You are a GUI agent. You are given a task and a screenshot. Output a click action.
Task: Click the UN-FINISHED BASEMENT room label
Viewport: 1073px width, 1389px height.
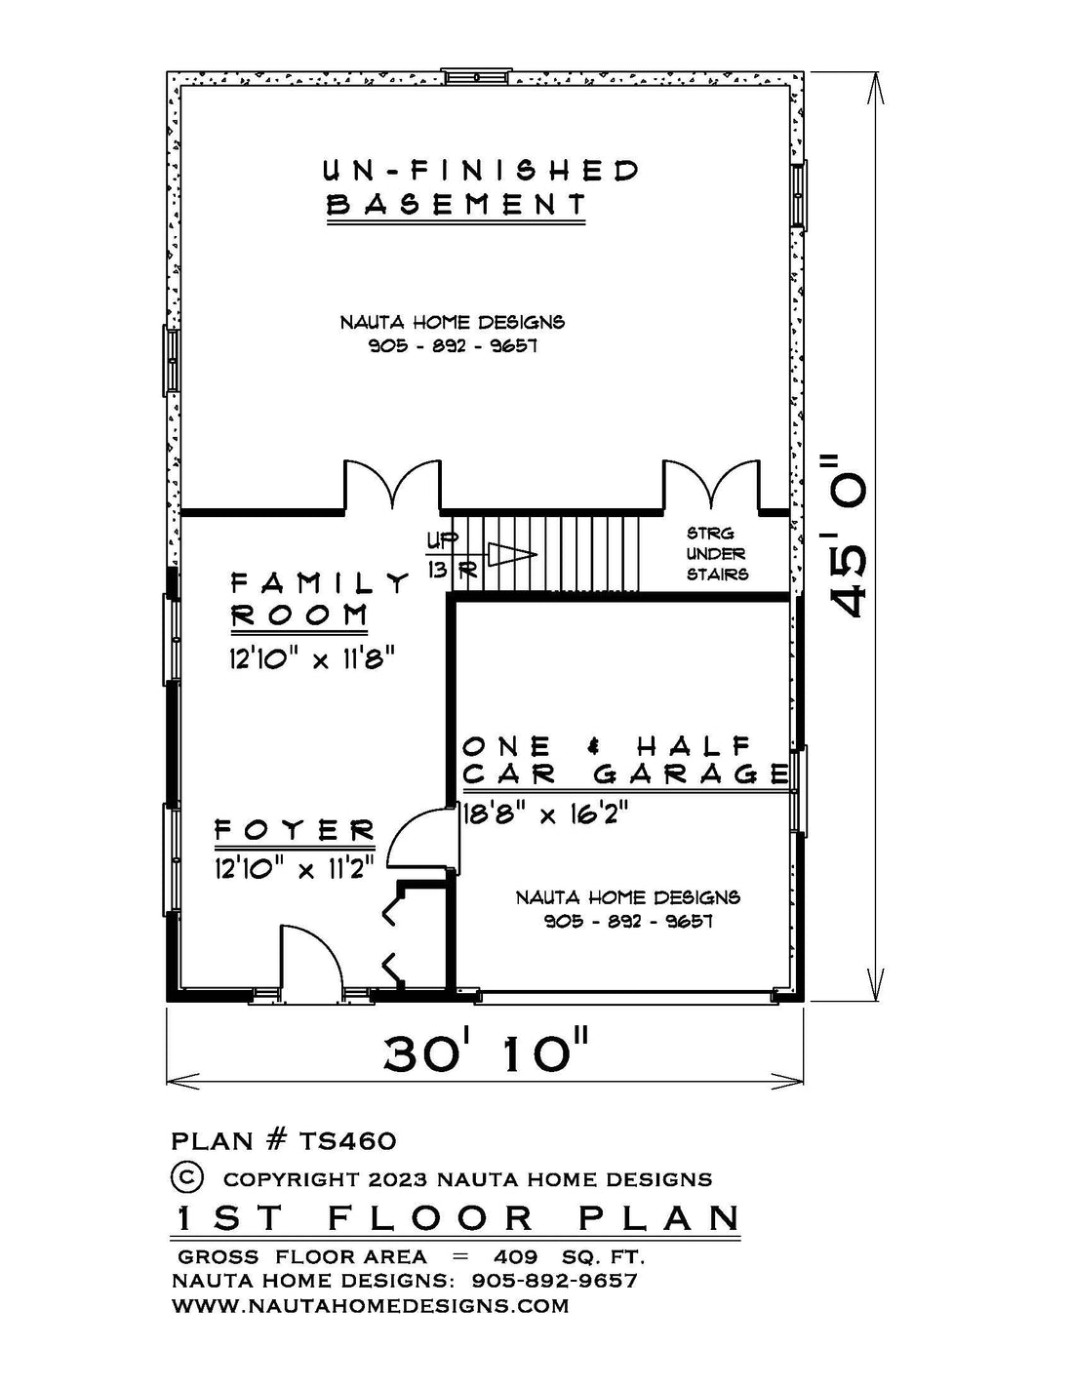point(481,188)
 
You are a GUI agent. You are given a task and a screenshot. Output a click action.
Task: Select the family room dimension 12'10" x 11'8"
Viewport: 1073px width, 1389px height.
point(312,657)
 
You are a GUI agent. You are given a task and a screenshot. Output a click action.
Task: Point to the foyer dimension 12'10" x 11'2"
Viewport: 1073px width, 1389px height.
point(294,868)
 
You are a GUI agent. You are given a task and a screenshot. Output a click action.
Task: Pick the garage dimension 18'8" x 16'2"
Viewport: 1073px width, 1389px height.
point(545,814)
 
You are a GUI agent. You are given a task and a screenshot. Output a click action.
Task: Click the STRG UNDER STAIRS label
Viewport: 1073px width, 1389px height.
point(717,554)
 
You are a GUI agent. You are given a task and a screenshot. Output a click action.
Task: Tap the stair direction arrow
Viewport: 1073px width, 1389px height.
point(512,554)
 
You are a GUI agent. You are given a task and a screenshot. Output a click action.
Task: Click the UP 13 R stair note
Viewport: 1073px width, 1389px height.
point(451,556)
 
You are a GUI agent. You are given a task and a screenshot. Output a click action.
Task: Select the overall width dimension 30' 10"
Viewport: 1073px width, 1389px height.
point(485,1053)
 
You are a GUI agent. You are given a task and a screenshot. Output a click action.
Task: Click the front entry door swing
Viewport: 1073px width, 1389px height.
point(312,960)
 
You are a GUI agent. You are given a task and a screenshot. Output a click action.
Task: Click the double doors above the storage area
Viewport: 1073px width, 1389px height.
point(711,487)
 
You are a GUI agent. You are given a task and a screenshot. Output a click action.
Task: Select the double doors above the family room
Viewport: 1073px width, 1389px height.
point(392,487)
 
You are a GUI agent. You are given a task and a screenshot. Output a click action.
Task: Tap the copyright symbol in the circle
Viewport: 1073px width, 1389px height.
point(187,1177)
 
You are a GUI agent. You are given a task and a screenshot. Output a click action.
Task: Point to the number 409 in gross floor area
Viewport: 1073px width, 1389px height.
point(516,1256)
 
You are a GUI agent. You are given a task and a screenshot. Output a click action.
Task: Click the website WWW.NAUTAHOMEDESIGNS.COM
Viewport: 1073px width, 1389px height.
point(370,1304)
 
